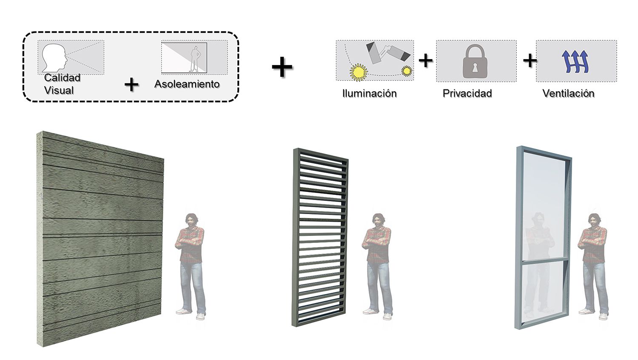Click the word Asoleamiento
coord(187,84)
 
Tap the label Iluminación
coord(370,94)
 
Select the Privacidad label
coord(467,94)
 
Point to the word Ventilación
coord(568,94)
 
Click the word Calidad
coord(62,77)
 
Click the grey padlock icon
coord(475,61)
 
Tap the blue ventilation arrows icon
coord(575,61)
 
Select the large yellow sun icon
coord(359,72)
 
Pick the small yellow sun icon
coord(407,71)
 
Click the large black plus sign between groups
coord(282,67)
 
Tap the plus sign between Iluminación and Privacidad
coord(425,60)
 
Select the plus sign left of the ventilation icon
coord(530,60)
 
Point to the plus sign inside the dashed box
coord(131,85)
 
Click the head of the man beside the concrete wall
coord(192,220)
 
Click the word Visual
coord(59,90)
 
